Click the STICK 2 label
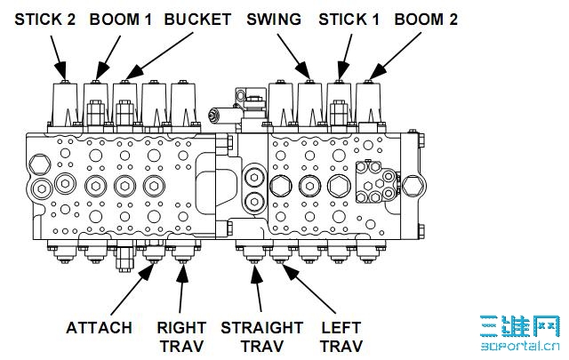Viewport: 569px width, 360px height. [44, 19]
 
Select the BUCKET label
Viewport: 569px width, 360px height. [197, 19]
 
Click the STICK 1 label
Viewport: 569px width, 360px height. [349, 19]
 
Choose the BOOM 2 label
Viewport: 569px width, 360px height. [426, 19]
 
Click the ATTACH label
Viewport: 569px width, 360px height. [100, 328]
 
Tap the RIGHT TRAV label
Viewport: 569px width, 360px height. [181, 336]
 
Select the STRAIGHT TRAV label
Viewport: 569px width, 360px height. [261, 336]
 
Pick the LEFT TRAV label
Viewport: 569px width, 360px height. [341, 336]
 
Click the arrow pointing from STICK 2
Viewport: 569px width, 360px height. [56, 54]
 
